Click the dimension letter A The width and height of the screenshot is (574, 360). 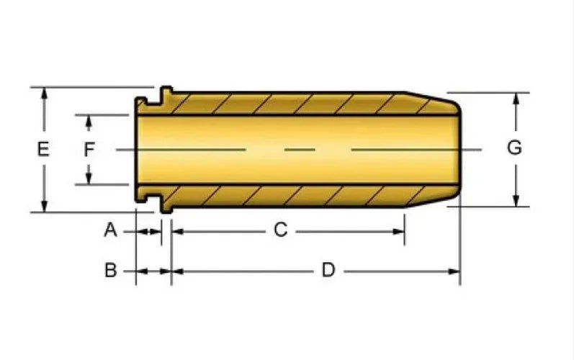coord(111,230)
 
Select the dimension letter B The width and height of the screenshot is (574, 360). coord(111,271)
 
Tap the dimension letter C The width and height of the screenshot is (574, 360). coord(280,230)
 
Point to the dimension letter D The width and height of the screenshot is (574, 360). coord(328,270)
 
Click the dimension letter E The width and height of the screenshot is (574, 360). coord(43,149)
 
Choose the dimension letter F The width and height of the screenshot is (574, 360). coord(89,149)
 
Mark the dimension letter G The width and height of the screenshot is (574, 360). coord(514,148)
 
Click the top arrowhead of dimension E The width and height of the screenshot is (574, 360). coord(45,93)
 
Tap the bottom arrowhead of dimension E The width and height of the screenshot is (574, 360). coord(45,207)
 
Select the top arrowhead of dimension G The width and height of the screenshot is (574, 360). coord(516,99)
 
